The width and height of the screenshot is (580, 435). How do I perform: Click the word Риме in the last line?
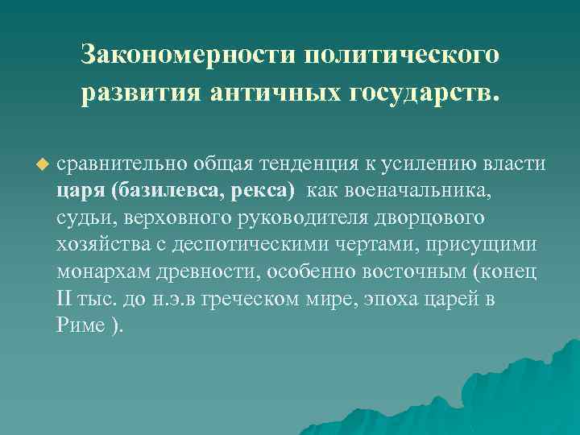click(81, 326)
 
